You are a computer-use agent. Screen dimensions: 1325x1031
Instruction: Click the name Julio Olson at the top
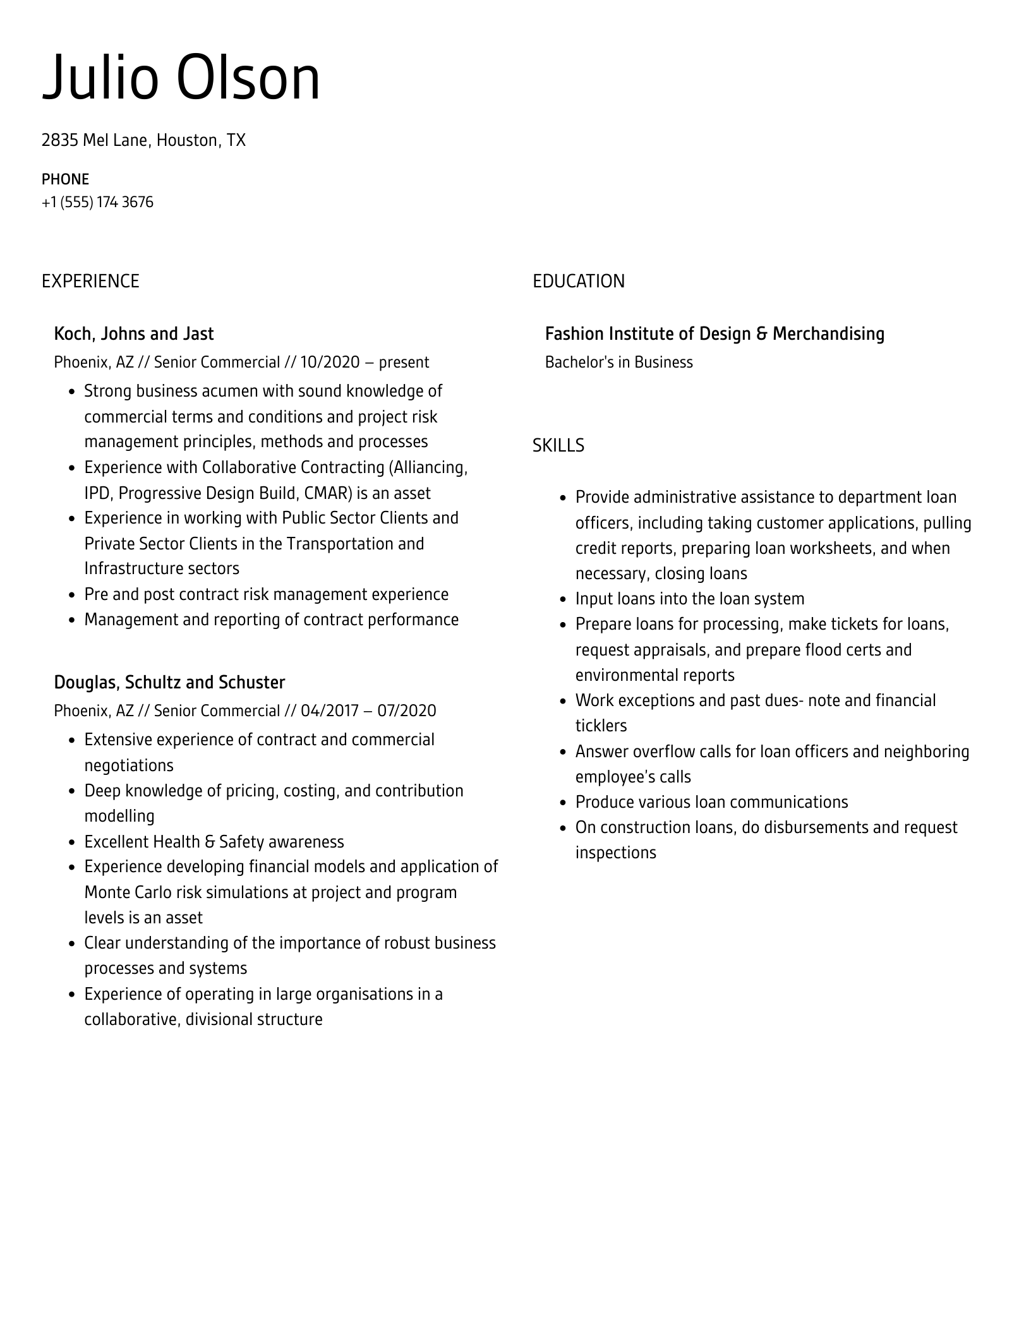[x=181, y=78]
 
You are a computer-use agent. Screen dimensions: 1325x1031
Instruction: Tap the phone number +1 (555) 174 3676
[x=97, y=202]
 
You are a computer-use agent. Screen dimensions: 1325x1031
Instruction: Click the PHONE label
[x=65, y=179]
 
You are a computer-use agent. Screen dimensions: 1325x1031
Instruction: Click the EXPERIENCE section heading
[x=90, y=281]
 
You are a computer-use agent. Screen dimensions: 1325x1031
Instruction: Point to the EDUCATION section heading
[x=578, y=281]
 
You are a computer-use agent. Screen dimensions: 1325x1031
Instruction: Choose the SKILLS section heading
[x=558, y=446]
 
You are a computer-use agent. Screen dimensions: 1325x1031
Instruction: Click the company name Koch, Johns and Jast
[x=134, y=333]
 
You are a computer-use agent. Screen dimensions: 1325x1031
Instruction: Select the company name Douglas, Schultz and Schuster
[x=169, y=682]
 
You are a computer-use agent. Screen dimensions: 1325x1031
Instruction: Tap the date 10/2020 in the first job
[x=329, y=363]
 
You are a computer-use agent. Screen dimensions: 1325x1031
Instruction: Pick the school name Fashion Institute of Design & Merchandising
[x=714, y=333]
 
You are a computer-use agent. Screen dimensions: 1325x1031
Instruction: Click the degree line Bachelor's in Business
[x=618, y=363]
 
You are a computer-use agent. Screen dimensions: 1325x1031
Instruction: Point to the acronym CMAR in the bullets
[x=327, y=493]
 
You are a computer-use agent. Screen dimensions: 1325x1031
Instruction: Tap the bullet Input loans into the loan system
[x=689, y=599]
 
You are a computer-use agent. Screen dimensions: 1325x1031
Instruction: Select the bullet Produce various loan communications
[x=711, y=802]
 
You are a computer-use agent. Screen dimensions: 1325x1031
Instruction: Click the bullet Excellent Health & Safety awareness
[x=214, y=842]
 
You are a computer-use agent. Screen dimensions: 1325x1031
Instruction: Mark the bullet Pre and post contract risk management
[x=266, y=594]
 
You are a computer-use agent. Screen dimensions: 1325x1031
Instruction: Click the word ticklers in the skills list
[x=601, y=726]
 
